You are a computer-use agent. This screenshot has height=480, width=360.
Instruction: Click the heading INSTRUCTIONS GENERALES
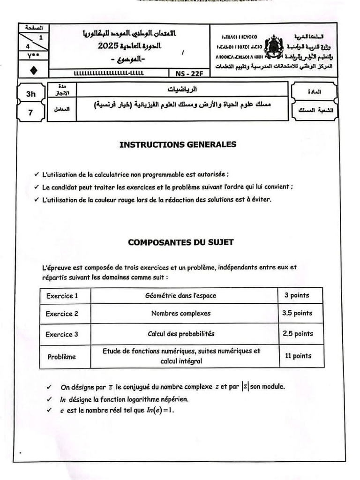click(x=178, y=144)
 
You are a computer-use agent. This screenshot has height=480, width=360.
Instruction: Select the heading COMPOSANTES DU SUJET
click(x=181, y=242)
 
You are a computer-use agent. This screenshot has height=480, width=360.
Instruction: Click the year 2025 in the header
click(x=109, y=45)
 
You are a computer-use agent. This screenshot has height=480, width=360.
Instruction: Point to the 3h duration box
click(x=31, y=94)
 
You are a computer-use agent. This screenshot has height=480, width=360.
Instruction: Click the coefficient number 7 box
click(x=31, y=112)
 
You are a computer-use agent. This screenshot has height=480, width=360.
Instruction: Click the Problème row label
click(x=61, y=357)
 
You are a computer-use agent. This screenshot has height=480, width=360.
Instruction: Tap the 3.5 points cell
click(x=297, y=313)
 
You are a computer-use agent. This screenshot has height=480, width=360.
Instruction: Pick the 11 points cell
click(x=298, y=356)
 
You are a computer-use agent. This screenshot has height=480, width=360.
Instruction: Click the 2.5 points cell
click(x=298, y=334)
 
